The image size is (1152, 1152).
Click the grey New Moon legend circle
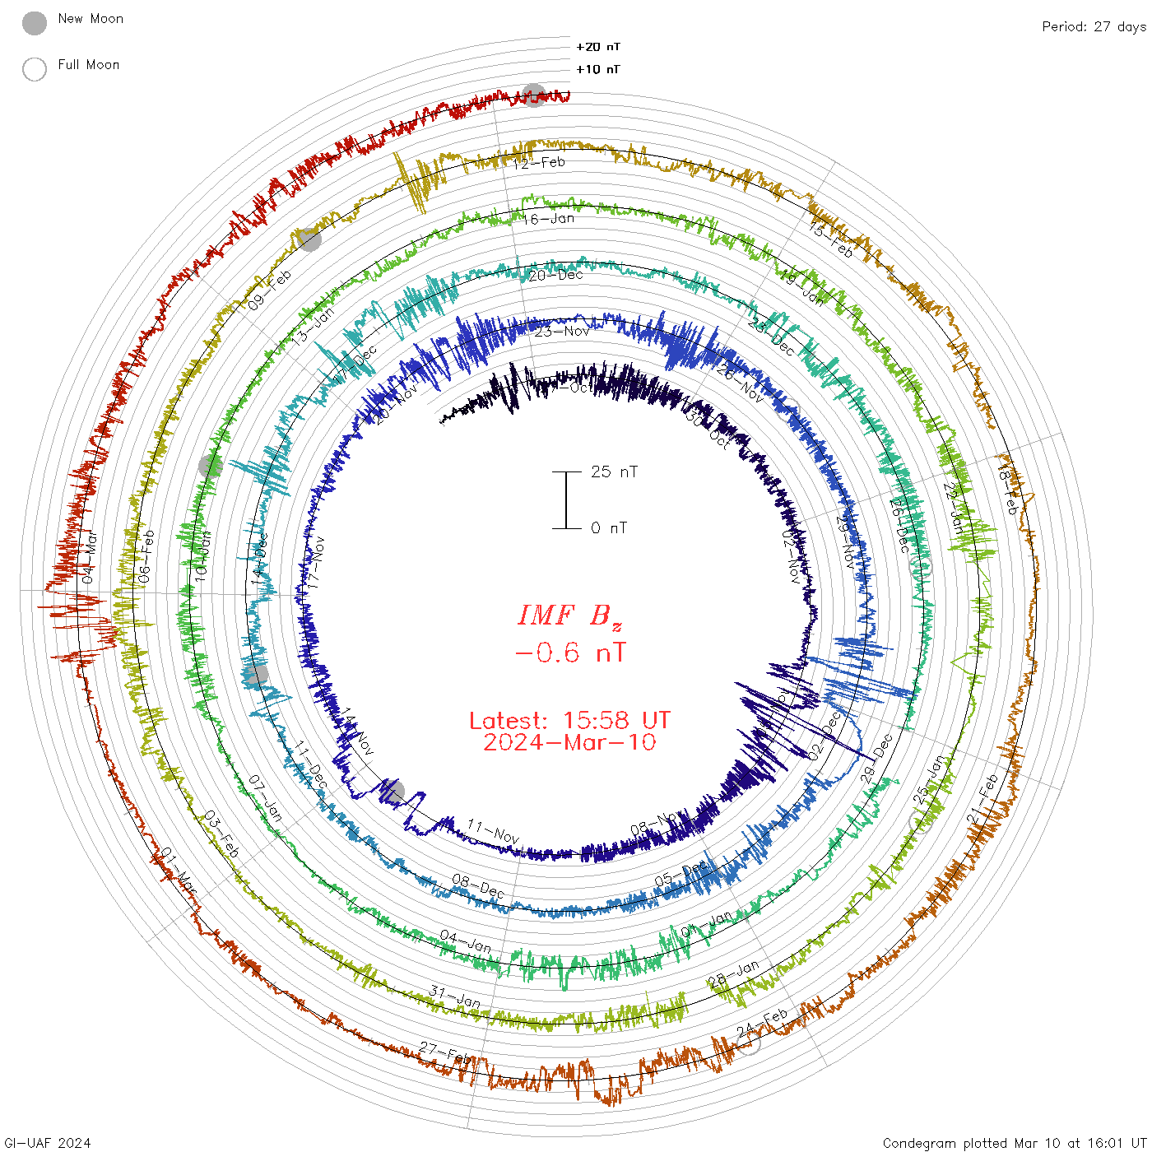click(35, 24)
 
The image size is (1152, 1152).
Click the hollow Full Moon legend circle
click(35, 69)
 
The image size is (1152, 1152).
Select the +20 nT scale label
click(598, 47)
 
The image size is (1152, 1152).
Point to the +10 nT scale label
click(598, 69)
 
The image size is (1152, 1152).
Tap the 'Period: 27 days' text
click(1094, 26)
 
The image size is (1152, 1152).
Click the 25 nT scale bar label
click(614, 471)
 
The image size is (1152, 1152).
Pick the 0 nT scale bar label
click(609, 527)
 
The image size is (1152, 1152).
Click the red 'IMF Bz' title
click(569, 615)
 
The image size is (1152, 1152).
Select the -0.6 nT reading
click(569, 653)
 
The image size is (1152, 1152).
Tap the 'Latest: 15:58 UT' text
click(569, 721)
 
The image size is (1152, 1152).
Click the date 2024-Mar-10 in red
click(569, 742)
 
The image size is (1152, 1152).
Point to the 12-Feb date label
click(539, 163)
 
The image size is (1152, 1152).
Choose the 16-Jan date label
click(548, 219)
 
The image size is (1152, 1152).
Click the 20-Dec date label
click(555, 275)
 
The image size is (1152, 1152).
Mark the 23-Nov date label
click(562, 331)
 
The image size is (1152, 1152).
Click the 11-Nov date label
click(493, 831)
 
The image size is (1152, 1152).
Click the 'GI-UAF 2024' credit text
click(46, 1143)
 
